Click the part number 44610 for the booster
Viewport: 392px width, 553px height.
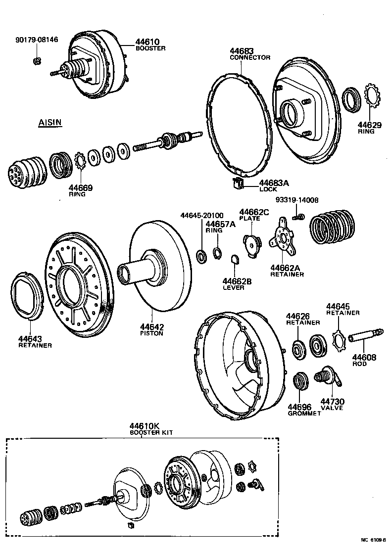pos(147,42)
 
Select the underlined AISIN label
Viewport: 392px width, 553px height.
pos(50,122)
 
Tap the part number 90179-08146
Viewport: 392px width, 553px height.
pos(36,40)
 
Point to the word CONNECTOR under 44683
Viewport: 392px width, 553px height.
pos(250,57)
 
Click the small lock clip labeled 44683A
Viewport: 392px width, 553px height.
pos(238,184)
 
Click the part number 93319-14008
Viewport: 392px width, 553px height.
pos(297,200)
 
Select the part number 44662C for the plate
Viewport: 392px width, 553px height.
pos(254,212)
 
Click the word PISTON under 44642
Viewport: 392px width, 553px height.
pos(151,333)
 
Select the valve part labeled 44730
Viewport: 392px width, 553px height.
pos(329,376)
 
